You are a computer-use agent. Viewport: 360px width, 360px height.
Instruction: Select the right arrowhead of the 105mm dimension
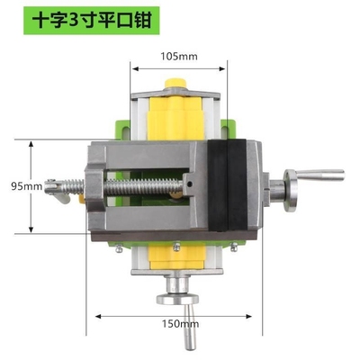tap(225, 65)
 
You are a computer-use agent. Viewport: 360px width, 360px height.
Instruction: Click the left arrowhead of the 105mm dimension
tap(131, 65)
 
